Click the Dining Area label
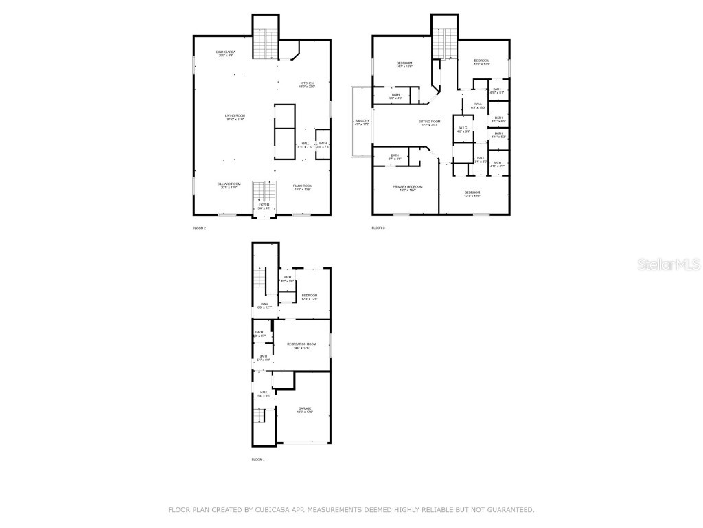pyautogui.click(x=226, y=53)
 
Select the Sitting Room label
pyautogui.click(x=430, y=123)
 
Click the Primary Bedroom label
pyautogui.click(x=408, y=188)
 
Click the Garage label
pyautogui.click(x=305, y=410)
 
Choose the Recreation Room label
pyautogui.click(x=301, y=345)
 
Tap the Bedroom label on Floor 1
pyautogui.click(x=308, y=296)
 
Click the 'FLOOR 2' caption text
pyautogui.click(x=199, y=228)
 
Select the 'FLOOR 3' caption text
pyautogui.click(x=378, y=228)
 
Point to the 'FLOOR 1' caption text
pyautogui.click(x=257, y=459)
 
